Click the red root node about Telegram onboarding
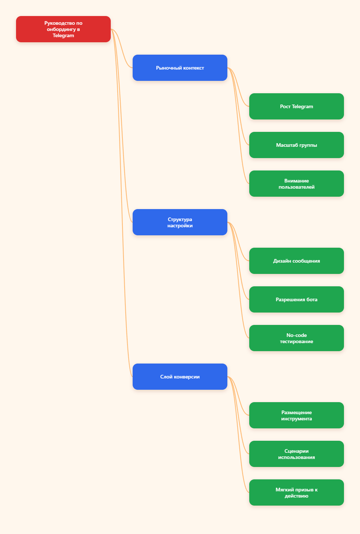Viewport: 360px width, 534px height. click(63, 29)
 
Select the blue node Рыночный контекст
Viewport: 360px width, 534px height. click(180, 68)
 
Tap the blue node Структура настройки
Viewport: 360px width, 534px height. click(180, 222)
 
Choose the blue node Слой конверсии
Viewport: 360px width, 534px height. click(180, 377)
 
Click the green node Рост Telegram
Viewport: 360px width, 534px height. click(296, 106)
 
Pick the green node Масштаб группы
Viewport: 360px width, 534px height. click(296, 145)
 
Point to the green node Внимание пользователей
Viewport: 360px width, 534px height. click(296, 184)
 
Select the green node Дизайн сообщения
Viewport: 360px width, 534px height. click(296, 261)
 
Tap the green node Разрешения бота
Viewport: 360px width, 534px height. click(296, 299)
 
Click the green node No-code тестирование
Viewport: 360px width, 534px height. click(296, 338)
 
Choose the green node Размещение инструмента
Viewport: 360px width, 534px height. click(296, 415)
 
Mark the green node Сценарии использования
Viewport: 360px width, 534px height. click(296, 454)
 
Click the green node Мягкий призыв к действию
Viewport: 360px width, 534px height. click(296, 492)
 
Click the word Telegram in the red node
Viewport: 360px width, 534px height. click(63, 36)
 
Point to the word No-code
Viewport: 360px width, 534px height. click(296, 335)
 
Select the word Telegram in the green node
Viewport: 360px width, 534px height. click(302, 107)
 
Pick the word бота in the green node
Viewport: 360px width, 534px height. click(312, 299)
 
